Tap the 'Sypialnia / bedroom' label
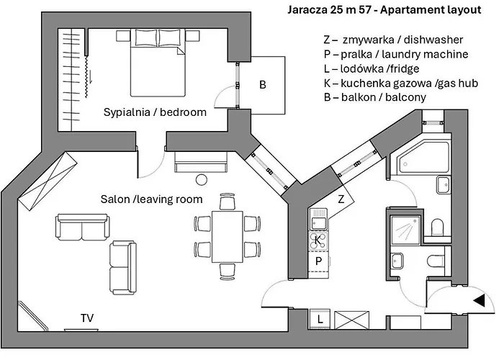pyautogui.click(x=155, y=112)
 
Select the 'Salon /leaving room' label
pyautogui.click(x=150, y=199)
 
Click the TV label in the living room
pyautogui.click(x=88, y=317)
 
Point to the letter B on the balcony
pyautogui.click(x=263, y=84)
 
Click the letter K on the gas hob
pyautogui.click(x=318, y=238)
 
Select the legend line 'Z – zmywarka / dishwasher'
pyautogui.click(x=392, y=40)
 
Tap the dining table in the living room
pyautogui.click(x=226, y=235)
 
